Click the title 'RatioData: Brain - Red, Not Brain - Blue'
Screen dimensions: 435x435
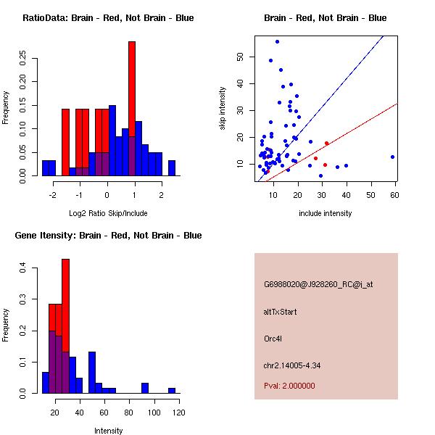pos(108,18)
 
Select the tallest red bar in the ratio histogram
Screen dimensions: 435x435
pos(132,109)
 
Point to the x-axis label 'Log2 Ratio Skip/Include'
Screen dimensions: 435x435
pos(107,214)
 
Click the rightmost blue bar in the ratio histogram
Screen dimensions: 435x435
pos(172,168)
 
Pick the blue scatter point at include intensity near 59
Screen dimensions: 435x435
pos(392,157)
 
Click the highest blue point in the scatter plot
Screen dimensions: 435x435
pos(277,41)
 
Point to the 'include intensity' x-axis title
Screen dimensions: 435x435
pos(326,214)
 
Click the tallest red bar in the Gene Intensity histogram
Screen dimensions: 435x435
pos(65,326)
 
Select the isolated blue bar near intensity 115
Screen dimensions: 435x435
pos(172,390)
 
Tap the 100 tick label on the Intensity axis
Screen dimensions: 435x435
pos(154,413)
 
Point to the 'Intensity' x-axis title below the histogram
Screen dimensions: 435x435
pos(109,431)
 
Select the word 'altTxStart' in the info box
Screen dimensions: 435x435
pos(281,312)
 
